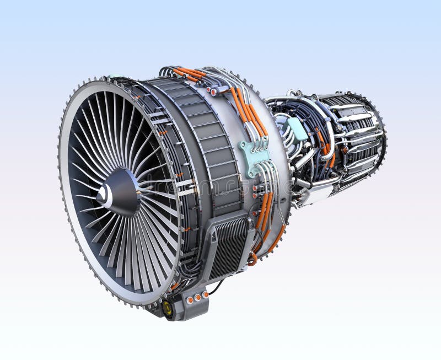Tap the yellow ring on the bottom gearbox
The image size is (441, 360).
click(167, 309)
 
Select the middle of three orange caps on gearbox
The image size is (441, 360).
click(197, 298)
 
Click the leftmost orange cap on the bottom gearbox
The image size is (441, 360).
click(190, 300)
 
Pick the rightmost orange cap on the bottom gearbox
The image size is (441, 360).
click(205, 295)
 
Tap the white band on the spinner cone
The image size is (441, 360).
click(106, 195)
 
